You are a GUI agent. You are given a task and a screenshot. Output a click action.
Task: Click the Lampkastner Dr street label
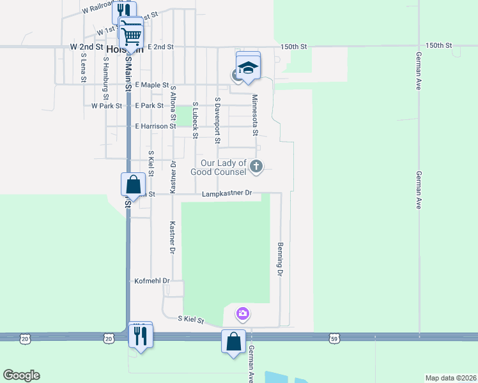[x=227, y=193]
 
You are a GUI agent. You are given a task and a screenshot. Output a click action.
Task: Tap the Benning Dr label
[x=280, y=259]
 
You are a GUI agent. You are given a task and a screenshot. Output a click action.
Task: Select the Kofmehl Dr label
[x=151, y=281]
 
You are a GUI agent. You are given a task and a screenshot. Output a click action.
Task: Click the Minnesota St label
[x=254, y=116]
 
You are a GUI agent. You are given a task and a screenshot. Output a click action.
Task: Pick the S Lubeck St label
[x=196, y=120]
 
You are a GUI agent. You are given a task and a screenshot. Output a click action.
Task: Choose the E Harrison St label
[x=155, y=126]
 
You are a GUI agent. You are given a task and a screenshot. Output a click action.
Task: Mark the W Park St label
[x=106, y=106]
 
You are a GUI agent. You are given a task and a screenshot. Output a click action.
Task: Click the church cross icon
[x=256, y=167]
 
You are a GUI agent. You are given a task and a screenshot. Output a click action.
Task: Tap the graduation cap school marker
[x=248, y=67]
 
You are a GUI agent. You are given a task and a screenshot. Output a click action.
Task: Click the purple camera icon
[x=242, y=313]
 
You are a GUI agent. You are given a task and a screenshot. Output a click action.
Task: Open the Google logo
[x=21, y=375]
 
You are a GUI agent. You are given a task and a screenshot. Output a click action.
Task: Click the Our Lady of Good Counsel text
[x=219, y=168]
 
